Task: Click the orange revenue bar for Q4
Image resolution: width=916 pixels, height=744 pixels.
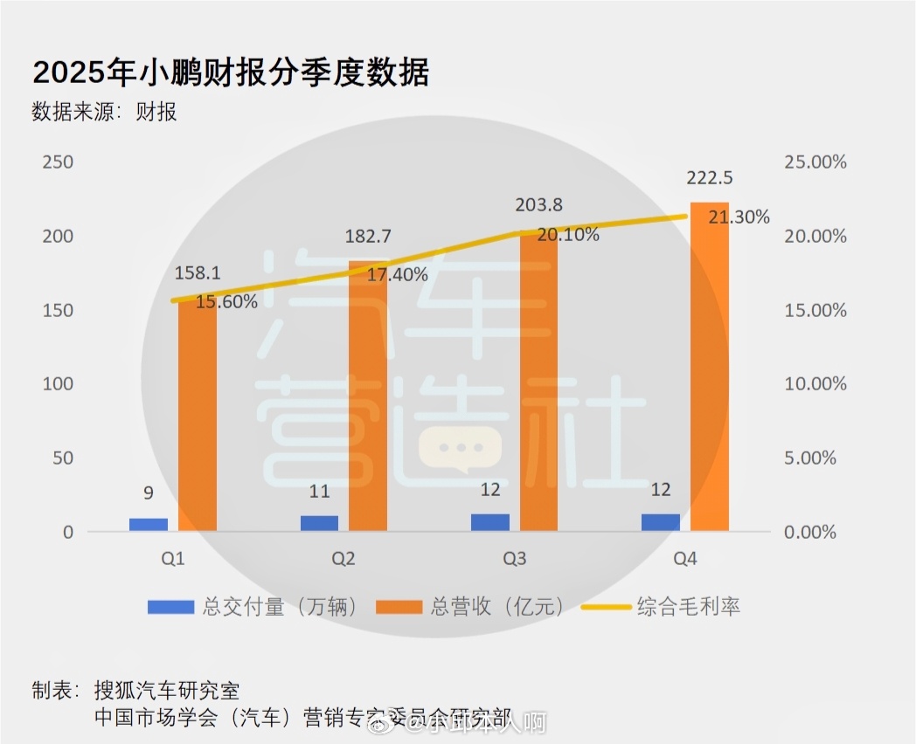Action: pyautogui.click(x=709, y=367)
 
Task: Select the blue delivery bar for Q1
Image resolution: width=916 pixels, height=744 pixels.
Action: pyautogui.click(x=149, y=524)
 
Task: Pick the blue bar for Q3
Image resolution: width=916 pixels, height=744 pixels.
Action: pyautogui.click(x=490, y=522)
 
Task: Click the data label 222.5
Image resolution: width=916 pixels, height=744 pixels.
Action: pyautogui.click(x=710, y=178)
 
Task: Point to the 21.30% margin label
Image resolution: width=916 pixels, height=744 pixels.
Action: pyautogui.click(x=739, y=217)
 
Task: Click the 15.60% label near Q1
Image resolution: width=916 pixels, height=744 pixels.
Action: pyautogui.click(x=226, y=302)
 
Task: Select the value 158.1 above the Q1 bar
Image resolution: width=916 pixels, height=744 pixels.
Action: pyautogui.click(x=198, y=272)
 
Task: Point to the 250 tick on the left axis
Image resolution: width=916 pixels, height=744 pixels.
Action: pyautogui.click(x=58, y=162)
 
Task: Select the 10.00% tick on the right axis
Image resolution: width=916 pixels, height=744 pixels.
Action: pyautogui.click(x=815, y=384)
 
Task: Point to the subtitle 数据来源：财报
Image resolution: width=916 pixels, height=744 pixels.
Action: pyautogui.click(x=104, y=112)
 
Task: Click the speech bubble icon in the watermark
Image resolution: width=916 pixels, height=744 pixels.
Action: pyautogui.click(x=449, y=450)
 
